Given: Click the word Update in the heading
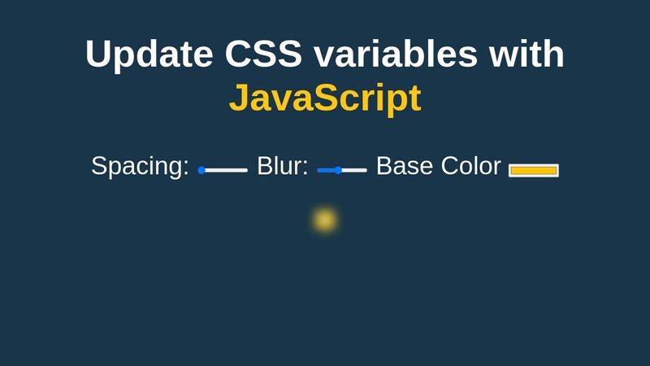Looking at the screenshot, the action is (x=149, y=54).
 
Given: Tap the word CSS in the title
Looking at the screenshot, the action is (x=263, y=54).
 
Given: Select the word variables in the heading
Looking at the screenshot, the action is (x=396, y=54).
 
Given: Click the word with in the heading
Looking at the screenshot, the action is (x=526, y=53).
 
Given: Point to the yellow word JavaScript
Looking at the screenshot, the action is (x=326, y=98).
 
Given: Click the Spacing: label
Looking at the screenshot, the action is (x=140, y=167).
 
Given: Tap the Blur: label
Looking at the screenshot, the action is (x=283, y=166).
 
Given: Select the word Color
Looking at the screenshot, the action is (x=471, y=166).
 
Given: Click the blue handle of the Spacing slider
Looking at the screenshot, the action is (x=201, y=170).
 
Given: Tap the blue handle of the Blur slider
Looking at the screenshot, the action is (x=338, y=170).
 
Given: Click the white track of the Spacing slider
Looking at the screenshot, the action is (x=226, y=170).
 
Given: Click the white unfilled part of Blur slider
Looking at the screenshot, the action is (x=354, y=170).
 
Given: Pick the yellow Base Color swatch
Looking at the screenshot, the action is (x=534, y=171).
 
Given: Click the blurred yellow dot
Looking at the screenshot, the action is (x=324, y=220).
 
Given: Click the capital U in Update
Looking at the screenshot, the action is (x=98, y=54).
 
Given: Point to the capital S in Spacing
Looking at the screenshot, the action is (x=99, y=166).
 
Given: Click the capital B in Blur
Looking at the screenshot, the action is (x=265, y=166).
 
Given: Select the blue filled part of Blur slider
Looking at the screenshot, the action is (x=327, y=170).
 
